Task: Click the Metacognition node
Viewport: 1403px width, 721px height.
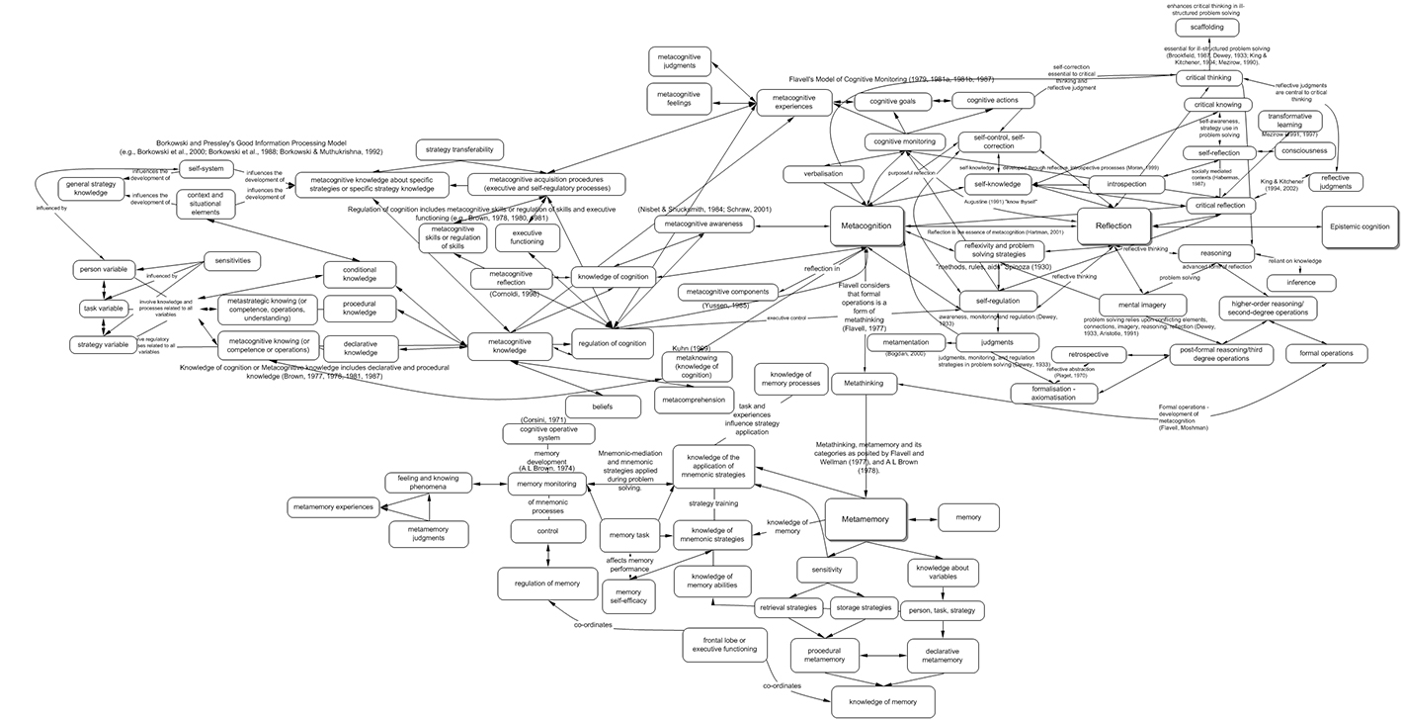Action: coord(867,225)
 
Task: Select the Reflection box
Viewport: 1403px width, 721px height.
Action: coord(1112,226)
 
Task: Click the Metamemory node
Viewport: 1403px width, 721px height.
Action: coord(865,519)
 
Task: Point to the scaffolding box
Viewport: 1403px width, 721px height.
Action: coord(1206,28)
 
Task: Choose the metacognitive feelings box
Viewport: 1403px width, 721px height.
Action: coord(679,99)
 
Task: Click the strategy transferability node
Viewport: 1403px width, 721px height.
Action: coord(458,149)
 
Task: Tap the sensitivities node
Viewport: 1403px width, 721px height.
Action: coord(229,261)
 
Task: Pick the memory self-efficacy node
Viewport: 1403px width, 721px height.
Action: coord(629,596)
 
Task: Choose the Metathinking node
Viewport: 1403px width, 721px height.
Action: coord(864,382)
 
